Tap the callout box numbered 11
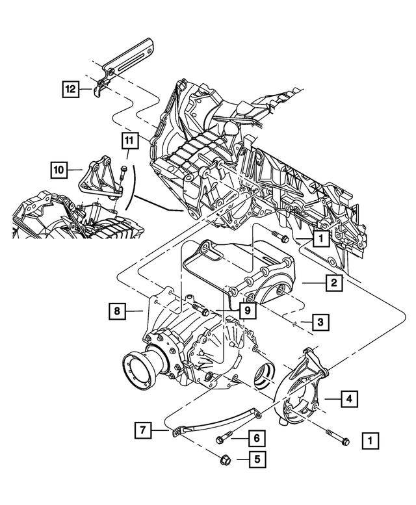point(129,140)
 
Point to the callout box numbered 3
point(320,322)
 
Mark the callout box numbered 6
point(256,439)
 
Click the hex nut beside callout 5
point(220,459)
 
